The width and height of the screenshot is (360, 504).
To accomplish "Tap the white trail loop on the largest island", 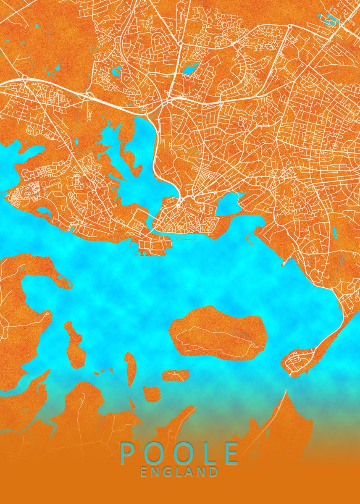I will [218, 339].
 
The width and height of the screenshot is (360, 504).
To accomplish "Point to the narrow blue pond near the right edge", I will [334, 232].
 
